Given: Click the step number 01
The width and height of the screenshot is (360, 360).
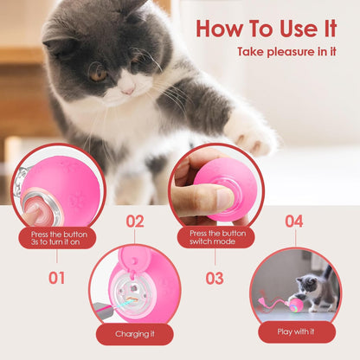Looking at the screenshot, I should tap(56, 278).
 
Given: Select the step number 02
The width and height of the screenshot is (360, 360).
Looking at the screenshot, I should tap(134, 221).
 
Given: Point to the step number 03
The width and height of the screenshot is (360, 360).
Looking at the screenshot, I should tap(214, 278).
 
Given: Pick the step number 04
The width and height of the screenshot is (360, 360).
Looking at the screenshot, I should tap(293, 221).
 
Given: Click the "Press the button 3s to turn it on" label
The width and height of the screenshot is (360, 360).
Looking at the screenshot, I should tap(57, 238).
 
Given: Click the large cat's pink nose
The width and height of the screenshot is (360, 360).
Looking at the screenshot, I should tap(126, 87).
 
